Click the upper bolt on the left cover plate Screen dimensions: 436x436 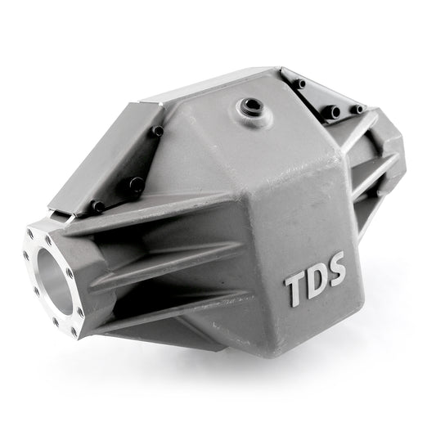[x=158, y=131]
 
